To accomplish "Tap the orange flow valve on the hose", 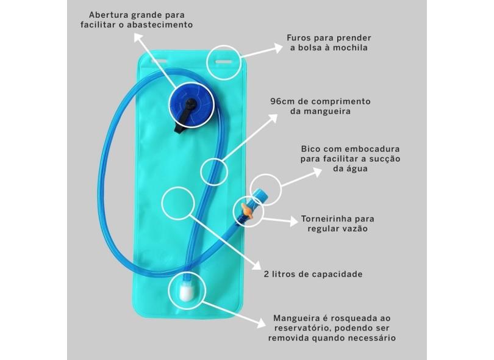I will click(246, 212).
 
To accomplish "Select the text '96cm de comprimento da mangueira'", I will click(320, 107).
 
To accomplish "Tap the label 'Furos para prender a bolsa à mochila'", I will click(328, 42).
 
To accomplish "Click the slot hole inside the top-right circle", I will click(223, 60).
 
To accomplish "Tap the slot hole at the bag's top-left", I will click(158, 60).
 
